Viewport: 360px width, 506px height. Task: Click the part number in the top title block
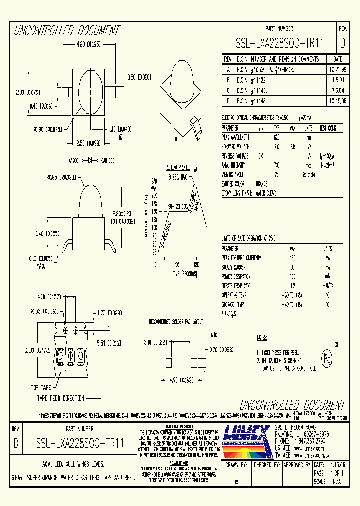pos(279,44)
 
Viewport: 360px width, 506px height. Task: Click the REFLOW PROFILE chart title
pos(178,168)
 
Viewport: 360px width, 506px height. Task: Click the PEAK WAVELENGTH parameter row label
pos(235,137)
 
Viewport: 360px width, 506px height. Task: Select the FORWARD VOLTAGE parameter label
pos(235,146)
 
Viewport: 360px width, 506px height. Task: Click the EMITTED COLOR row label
pos(234,184)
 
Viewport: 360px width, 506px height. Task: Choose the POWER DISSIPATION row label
pos(237,276)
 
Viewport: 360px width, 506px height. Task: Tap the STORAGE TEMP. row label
pos(233,304)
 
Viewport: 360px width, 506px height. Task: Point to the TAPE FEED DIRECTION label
pos(60,398)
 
